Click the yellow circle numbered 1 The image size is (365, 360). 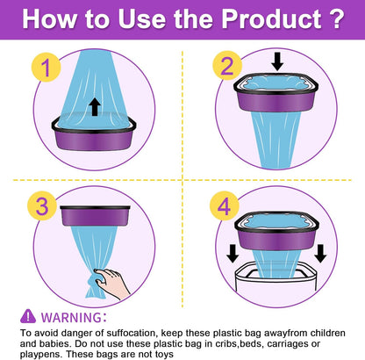[46, 68]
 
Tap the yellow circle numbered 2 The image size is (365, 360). [227, 66]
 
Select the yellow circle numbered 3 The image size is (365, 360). [42, 205]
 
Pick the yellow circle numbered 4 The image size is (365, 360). [225, 206]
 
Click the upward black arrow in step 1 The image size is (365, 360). [95, 107]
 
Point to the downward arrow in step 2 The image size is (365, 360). [277, 61]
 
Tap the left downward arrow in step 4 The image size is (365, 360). [233, 254]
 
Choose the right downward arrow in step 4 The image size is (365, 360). [320, 254]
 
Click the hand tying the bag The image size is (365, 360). [111, 283]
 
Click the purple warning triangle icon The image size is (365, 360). [28, 316]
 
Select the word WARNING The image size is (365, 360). [71, 318]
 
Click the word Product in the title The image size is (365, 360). [271, 19]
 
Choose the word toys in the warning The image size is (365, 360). [164, 355]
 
